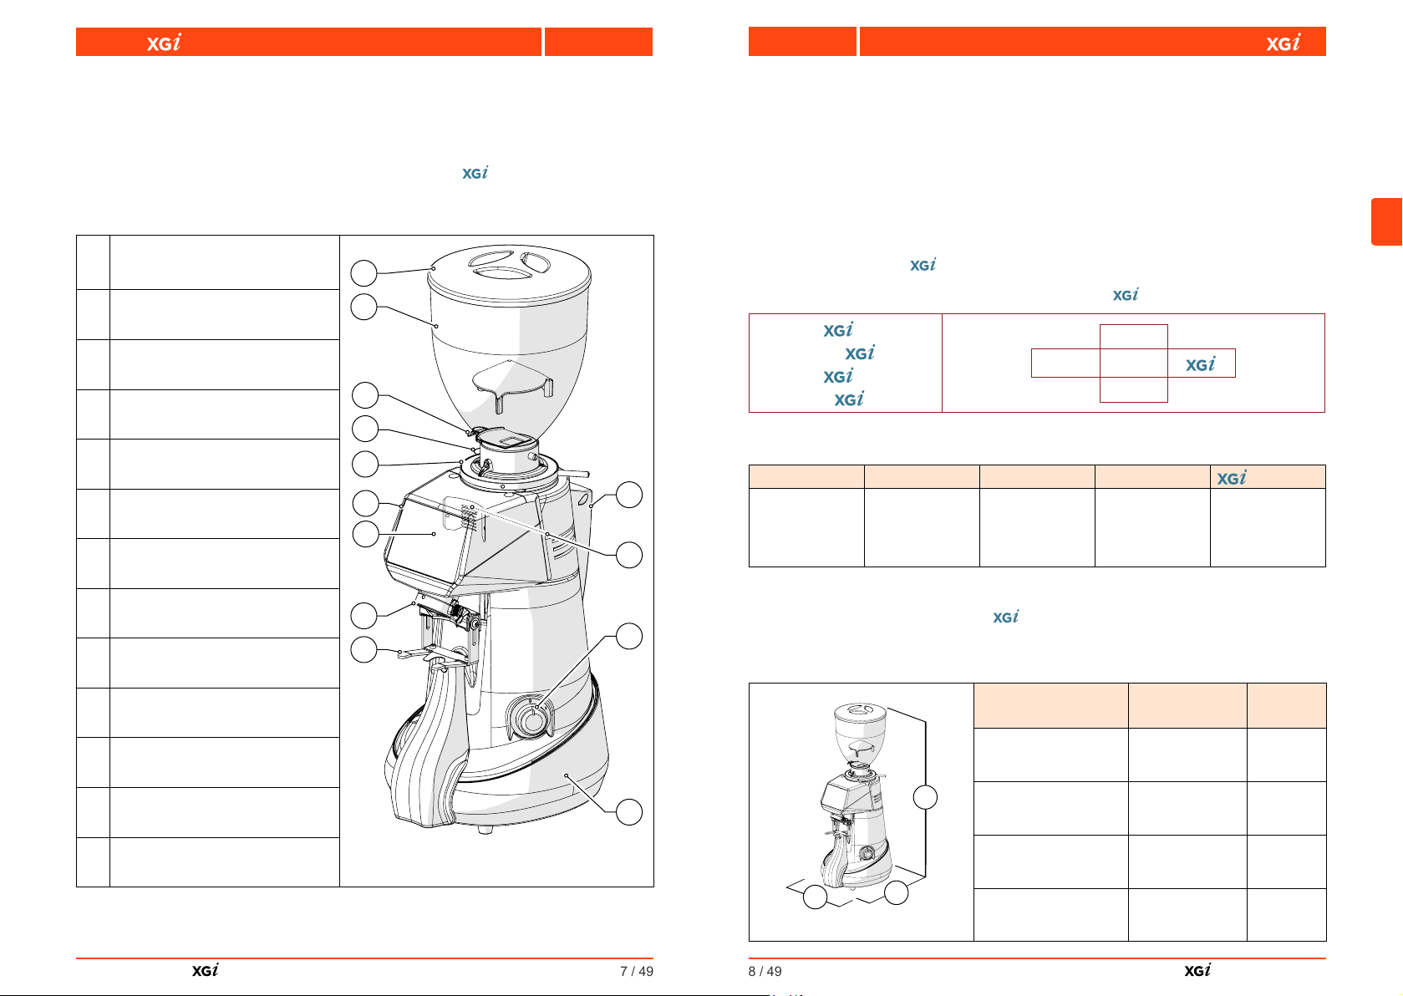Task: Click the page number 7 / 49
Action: [637, 971]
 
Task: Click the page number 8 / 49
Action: [765, 971]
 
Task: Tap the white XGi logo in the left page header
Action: [164, 42]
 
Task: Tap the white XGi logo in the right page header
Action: [1283, 42]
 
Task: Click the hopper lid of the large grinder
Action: [509, 274]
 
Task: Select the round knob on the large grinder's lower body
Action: [533, 719]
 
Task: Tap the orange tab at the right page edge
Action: [1387, 221]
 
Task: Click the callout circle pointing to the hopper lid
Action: [363, 273]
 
